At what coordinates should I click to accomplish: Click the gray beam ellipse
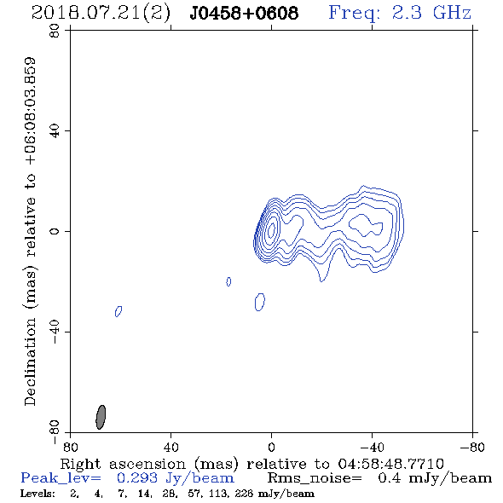pos(101,417)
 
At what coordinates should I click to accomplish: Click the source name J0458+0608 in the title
pos(244,13)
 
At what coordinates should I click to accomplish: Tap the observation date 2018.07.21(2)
pos(101,14)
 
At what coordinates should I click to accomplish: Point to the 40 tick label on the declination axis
pos(55,131)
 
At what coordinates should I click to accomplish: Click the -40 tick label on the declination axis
pos(55,332)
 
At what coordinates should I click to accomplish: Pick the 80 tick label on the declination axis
pos(55,31)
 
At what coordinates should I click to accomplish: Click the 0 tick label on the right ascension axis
pos(271,447)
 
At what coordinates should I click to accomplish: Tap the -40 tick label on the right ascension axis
pos(372,447)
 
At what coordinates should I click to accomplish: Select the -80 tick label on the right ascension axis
pos(472,447)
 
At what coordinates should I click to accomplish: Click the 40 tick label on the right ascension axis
pos(171,447)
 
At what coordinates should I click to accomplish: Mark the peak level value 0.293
pos(137,478)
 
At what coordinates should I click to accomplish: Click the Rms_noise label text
pos(315,478)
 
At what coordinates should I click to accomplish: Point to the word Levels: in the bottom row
pos(38,494)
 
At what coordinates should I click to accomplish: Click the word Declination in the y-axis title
pos(30,362)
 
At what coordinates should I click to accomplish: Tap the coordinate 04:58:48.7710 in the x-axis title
pos(390,464)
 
